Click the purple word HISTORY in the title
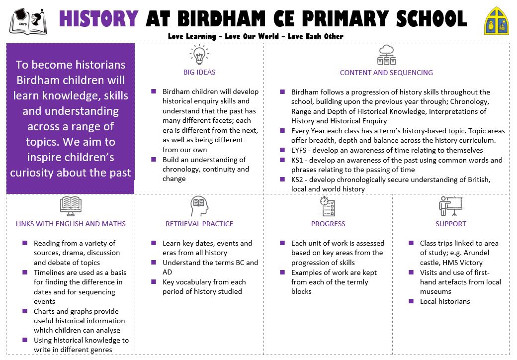click(x=98, y=19)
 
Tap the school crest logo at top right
click(x=497, y=21)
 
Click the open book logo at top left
click(x=28, y=21)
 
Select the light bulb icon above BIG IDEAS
click(x=199, y=55)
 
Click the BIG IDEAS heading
click(x=199, y=72)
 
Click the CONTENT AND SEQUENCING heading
click(x=386, y=73)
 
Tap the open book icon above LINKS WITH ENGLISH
click(x=71, y=206)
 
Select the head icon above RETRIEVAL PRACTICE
click(x=199, y=206)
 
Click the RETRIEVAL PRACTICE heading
click(x=199, y=224)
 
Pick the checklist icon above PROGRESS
click(x=328, y=206)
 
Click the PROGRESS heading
click(x=328, y=224)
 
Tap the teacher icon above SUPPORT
click(x=450, y=206)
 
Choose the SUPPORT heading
click(x=451, y=224)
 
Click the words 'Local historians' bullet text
click(x=445, y=301)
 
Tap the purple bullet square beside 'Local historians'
click(x=411, y=301)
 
